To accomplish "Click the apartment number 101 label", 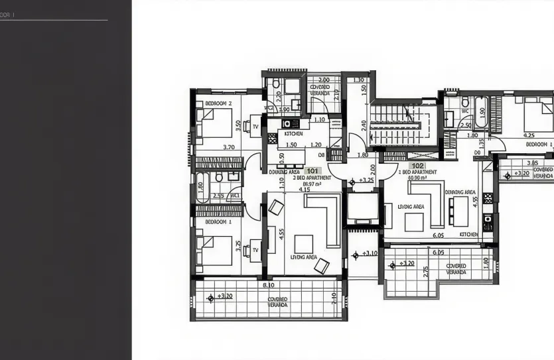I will pyautogui.click(x=313, y=170).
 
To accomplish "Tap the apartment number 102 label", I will pyautogui.click(x=418, y=165).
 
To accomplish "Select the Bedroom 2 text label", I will pyautogui.click(x=218, y=103).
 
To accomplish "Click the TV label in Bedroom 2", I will pyautogui.click(x=255, y=125).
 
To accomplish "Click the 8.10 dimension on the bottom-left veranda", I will pyautogui.click(x=269, y=285).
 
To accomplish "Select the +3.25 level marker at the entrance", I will pyautogui.click(x=366, y=180).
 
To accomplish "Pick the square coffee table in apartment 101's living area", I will pyautogui.click(x=305, y=243).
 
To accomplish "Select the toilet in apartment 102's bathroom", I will pyautogui.click(x=464, y=103).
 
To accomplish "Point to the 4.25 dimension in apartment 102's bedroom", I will pyautogui.click(x=529, y=135).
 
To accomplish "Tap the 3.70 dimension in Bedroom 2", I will pyautogui.click(x=229, y=147).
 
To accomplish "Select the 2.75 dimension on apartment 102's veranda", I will pyautogui.click(x=425, y=271).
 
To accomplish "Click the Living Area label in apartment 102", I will pyautogui.click(x=411, y=207).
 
